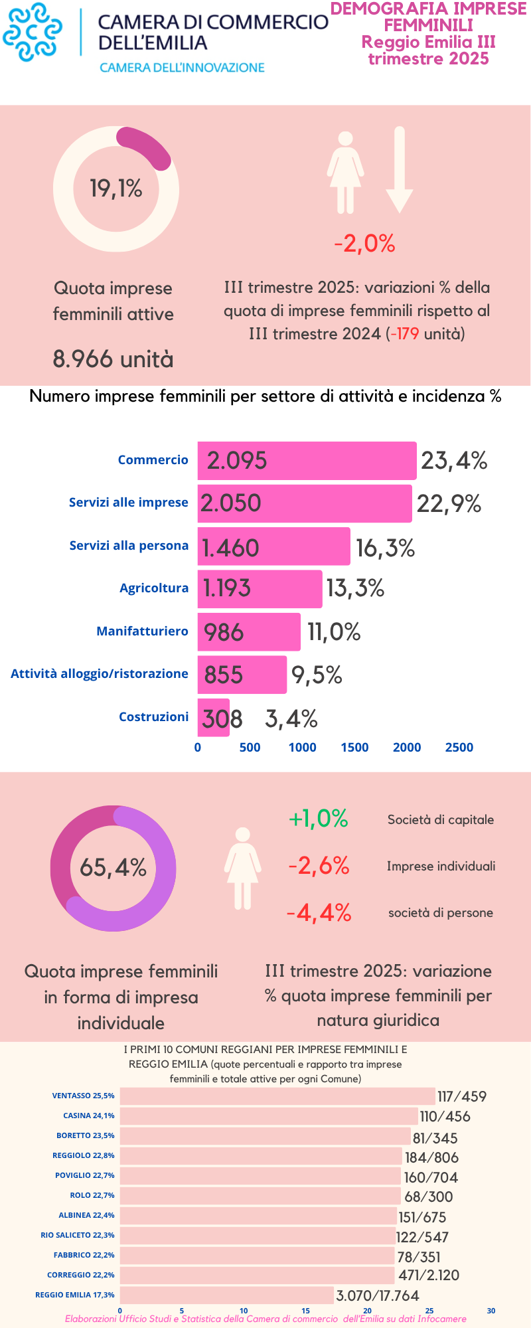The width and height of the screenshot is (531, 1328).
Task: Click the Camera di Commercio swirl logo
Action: click(33, 32)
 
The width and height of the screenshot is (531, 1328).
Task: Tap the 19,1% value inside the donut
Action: click(116, 189)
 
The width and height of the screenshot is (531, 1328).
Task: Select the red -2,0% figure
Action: click(364, 244)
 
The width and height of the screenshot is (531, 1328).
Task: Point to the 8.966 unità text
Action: click(113, 359)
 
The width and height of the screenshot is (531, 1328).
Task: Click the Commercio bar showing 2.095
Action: click(307, 460)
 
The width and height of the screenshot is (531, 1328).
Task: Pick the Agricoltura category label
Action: click(154, 588)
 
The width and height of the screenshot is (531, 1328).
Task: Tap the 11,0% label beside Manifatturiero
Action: click(334, 631)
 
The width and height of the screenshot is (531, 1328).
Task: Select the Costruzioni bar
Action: click(213, 718)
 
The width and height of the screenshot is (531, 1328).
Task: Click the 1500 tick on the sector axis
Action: click(354, 747)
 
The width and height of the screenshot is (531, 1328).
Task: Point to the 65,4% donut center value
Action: click(113, 868)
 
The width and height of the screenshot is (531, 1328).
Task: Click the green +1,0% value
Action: click(319, 819)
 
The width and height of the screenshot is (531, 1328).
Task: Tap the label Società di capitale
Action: click(441, 819)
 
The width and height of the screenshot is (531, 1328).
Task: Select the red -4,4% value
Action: click(319, 913)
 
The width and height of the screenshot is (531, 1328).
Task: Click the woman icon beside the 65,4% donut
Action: click(242, 868)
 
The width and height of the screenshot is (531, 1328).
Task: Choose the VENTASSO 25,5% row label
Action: click(83, 1096)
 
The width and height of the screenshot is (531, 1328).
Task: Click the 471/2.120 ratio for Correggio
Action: click(429, 1274)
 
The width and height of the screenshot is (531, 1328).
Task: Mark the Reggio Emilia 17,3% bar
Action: click(226, 1295)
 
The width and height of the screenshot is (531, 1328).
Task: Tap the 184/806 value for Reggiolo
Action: click(431, 1157)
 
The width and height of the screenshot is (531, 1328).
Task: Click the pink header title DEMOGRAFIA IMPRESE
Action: click(428, 9)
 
